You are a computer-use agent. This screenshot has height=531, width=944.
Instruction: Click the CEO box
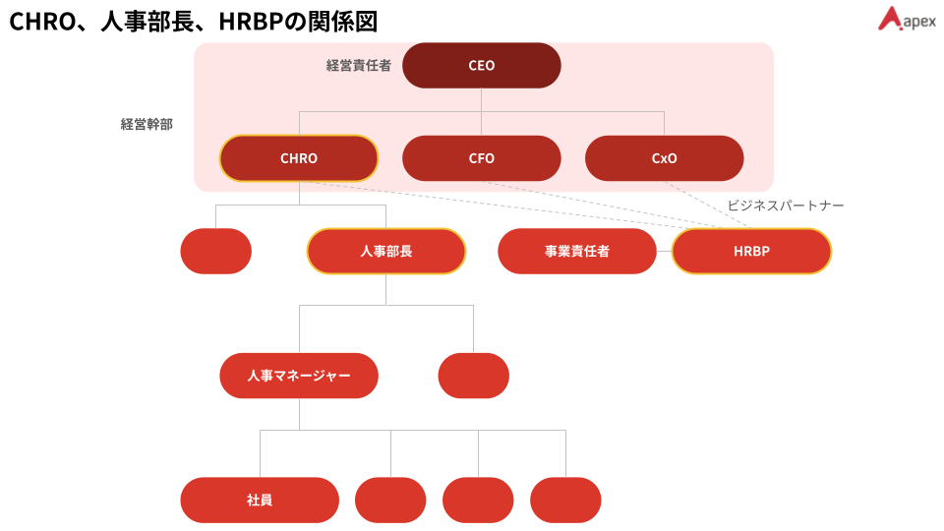(482, 66)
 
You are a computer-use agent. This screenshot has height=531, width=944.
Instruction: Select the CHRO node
(299, 158)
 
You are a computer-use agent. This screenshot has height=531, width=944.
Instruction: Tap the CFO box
(482, 158)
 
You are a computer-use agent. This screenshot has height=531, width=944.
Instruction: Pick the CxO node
(665, 158)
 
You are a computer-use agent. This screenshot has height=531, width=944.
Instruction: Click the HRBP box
(751, 251)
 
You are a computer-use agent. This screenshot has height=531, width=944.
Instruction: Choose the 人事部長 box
(386, 251)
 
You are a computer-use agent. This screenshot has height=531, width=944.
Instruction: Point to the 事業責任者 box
(577, 251)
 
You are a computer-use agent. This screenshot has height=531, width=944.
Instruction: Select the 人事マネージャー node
(299, 376)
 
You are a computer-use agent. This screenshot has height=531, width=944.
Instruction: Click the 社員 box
(260, 500)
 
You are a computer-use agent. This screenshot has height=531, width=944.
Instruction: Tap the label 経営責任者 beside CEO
(359, 66)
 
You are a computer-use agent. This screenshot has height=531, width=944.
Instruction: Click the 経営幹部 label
(147, 125)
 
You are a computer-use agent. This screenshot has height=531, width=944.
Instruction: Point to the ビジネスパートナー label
(786, 206)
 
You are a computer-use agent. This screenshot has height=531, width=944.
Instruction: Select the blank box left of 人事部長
(216, 251)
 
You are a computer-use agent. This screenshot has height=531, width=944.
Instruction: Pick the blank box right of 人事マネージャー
(474, 376)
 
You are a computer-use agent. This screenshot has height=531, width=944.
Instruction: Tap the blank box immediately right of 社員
(390, 500)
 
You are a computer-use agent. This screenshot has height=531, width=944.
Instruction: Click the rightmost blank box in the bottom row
(565, 500)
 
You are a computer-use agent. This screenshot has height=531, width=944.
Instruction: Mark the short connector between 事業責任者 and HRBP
(664, 251)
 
